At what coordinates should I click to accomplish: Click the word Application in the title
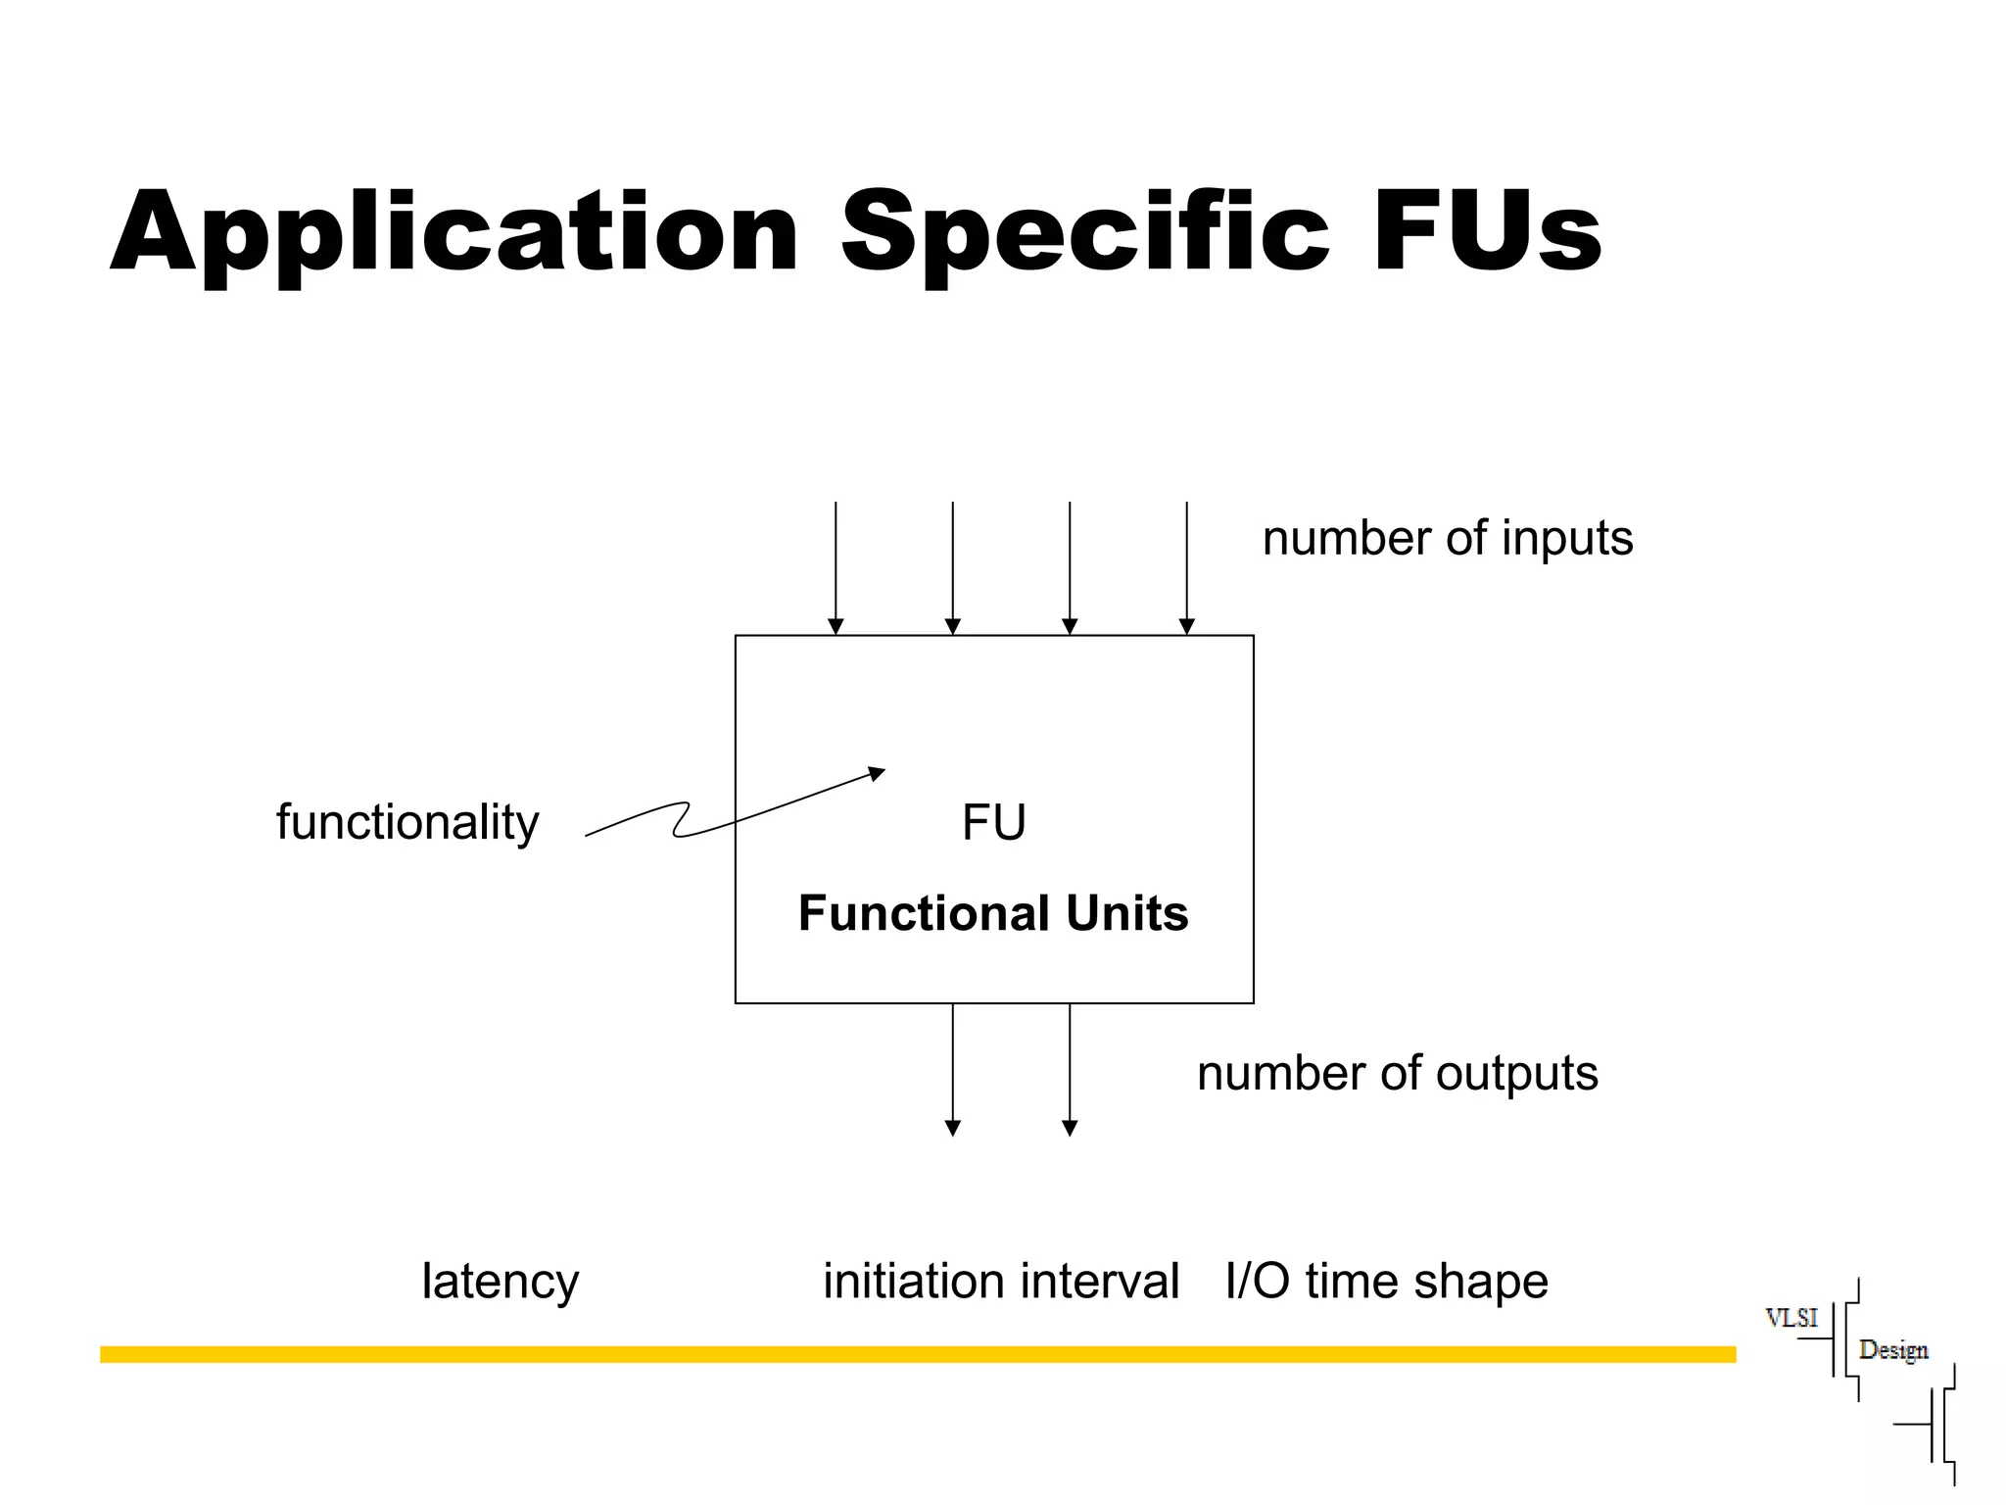[454, 233]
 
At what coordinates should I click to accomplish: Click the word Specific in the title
[1084, 233]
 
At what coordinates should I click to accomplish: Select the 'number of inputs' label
[1447, 538]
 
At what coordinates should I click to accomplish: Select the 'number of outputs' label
[1397, 1073]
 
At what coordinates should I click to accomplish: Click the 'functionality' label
[406, 822]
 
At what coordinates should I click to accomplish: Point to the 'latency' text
[500, 1281]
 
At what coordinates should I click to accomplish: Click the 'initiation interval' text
[1000, 1281]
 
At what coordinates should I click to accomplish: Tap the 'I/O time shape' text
[1386, 1281]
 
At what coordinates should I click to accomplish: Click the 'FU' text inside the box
[993, 822]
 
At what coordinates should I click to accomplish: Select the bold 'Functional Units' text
[993, 913]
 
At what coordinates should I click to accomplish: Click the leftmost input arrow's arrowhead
[836, 627]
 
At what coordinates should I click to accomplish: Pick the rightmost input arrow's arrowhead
[1186, 627]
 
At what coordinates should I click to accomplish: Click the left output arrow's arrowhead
[952, 1128]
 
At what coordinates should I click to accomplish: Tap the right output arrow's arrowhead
[1070, 1128]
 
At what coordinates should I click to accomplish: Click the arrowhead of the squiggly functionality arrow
[878, 773]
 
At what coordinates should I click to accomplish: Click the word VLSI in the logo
[1791, 1318]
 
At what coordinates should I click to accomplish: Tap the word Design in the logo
[1892, 1350]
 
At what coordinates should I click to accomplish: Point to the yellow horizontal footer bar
[917, 1354]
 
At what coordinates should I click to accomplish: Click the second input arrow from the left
[952, 568]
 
